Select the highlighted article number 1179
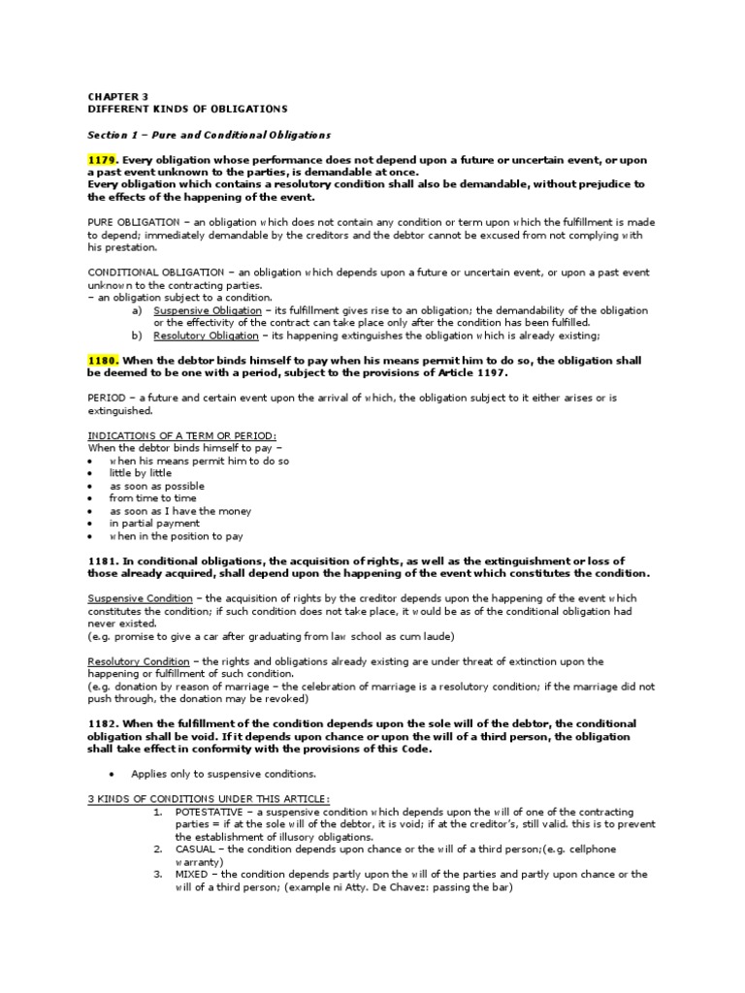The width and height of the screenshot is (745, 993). (x=103, y=160)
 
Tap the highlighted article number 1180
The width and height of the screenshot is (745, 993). (x=103, y=361)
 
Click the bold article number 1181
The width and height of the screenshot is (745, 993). (x=103, y=561)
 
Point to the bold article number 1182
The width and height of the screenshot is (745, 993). (x=103, y=723)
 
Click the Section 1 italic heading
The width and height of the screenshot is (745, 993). (x=210, y=135)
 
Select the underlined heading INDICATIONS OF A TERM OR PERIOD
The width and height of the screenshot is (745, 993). (x=181, y=435)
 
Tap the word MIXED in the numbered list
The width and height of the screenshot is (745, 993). (x=192, y=875)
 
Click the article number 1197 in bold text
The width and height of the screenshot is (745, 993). (x=489, y=373)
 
